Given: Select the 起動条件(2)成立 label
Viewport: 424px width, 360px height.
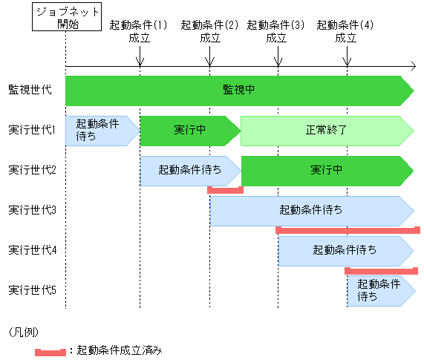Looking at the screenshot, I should coord(210,31).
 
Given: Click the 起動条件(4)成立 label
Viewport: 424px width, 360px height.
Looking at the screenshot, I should coord(345,31).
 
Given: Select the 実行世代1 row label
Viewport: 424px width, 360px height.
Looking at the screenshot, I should coord(33,130).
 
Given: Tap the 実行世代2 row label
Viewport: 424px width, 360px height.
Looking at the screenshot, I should coord(33,170).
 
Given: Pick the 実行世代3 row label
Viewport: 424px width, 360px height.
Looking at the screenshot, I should coord(33,210).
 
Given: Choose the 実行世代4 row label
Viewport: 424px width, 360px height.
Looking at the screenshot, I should coord(33,250).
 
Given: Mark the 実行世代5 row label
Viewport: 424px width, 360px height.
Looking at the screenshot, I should coord(33,290).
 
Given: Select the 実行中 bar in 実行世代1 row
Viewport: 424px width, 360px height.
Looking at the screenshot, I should coord(190,130).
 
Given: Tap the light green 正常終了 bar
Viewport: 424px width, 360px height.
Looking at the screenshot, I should coord(327,130).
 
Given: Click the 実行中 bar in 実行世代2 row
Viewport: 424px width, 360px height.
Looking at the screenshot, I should coord(327,170).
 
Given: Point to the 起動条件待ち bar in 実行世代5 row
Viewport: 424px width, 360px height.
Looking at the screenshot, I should coord(379,290).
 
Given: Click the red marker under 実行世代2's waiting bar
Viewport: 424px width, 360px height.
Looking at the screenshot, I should coord(225,190).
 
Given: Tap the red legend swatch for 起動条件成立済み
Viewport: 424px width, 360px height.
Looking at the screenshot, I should coord(50,349).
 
